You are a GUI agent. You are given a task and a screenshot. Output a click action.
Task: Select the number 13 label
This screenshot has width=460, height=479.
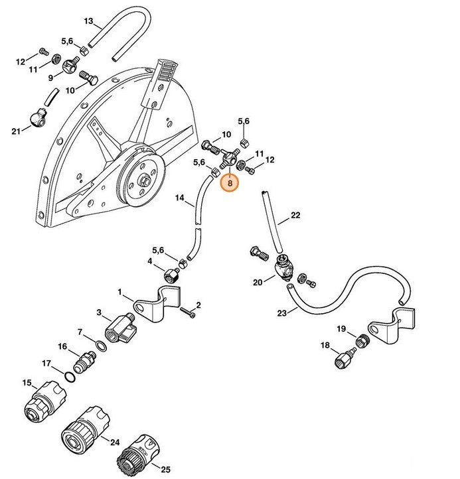(88, 21)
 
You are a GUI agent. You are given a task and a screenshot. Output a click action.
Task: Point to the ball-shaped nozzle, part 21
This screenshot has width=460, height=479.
(37, 119)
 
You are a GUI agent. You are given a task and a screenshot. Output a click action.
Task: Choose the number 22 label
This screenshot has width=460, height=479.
(295, 215)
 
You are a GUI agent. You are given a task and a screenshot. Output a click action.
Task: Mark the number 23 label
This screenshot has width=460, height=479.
(281, 314)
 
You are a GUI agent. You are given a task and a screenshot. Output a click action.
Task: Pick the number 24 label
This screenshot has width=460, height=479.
(114, 443)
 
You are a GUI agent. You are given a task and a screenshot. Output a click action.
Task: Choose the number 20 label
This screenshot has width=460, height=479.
(258, 281)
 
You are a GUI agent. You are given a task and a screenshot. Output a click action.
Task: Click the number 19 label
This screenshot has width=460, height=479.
(341, 329)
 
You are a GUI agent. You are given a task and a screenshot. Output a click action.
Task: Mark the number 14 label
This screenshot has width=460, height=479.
(179, 198)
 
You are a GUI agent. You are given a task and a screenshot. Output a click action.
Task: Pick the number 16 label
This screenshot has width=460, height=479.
(62, 346)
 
